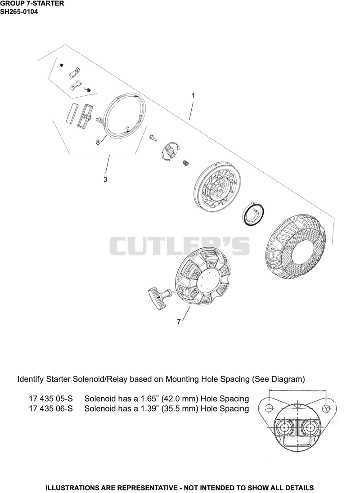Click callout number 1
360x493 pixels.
193,95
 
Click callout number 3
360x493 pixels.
105,179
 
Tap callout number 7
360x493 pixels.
179,322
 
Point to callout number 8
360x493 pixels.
98,143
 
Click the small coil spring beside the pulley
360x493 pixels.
185,162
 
